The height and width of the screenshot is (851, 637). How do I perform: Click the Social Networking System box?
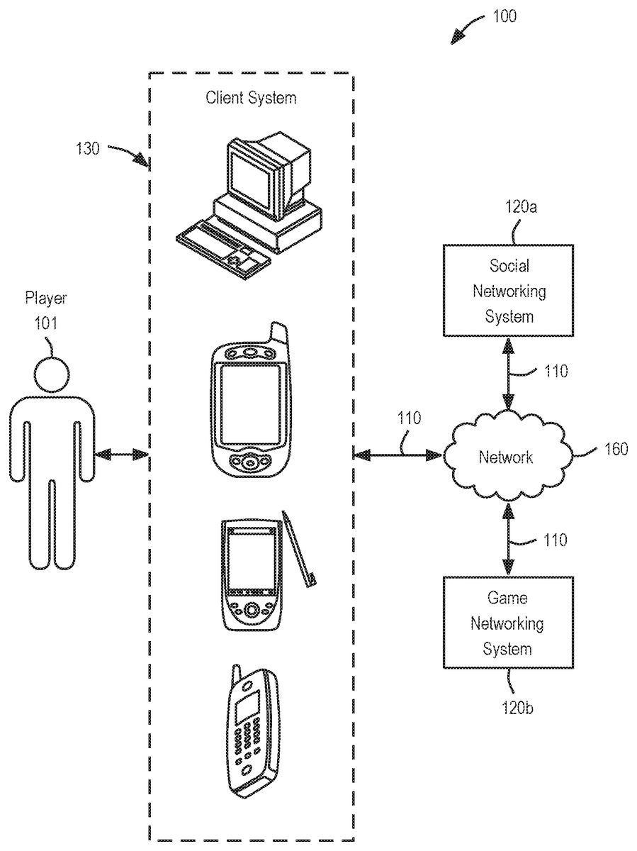(509, 290)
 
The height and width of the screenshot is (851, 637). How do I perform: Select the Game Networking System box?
(509, 622)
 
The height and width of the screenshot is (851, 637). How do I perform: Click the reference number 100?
(504, 16)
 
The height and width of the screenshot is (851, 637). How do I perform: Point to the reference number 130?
(89, 149)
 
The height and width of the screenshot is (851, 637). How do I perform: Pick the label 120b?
(512, 706)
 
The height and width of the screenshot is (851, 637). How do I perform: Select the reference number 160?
(616, 450)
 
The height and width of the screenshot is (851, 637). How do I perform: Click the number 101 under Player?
(47, 324)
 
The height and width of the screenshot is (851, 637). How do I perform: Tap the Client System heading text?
(251, 97)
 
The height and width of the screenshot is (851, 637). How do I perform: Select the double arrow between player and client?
(122, 454)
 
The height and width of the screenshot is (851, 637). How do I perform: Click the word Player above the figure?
(45, 298)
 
